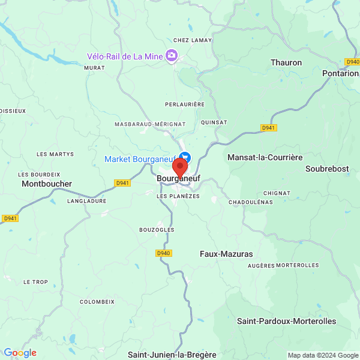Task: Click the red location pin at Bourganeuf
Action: tap(179, 167)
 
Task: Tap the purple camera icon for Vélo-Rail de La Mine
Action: tap(172, 56)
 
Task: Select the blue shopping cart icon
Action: tap(184, 157)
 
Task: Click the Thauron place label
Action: tap(286, 62)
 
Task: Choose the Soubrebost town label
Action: tap(327, 169)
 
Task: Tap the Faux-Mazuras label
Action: tap(226, 254)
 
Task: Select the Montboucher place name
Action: tap(47, 184)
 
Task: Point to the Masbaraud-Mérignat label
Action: tap(150, 124)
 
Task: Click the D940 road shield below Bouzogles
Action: tap(164, 253)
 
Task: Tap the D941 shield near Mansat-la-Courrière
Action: tap(269, 128)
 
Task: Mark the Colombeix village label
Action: tap(97, 302)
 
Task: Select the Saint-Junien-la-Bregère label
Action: tap(172, 355)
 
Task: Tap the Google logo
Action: tap(20, 353)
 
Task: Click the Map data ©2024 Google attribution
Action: tap(323, 355)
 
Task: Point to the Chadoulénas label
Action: tap(250, 202)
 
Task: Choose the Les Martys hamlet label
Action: tap(55, 154)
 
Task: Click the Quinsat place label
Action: tap(214, 122)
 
